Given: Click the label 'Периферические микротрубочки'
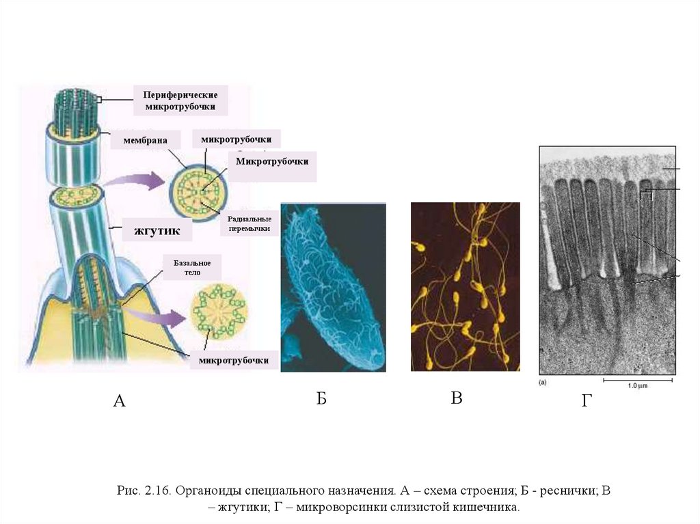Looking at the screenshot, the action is (x=180, y=100).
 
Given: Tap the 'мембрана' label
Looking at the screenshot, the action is (x=146, y=140).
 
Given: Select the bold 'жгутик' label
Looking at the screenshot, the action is (x=156, y=231).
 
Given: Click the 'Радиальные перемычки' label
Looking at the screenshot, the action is (x=249, y=223).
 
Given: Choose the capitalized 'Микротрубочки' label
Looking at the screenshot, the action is (x=272, y=162).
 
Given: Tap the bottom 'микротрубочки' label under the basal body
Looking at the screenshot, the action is (x=233, y=360).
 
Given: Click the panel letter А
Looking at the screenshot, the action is (x=118, y=401).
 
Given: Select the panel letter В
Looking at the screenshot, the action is (x=457, y=398).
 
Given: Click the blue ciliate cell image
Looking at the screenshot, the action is (x=333, y=287).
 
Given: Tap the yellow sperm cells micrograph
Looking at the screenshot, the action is (x=465, y=287).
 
